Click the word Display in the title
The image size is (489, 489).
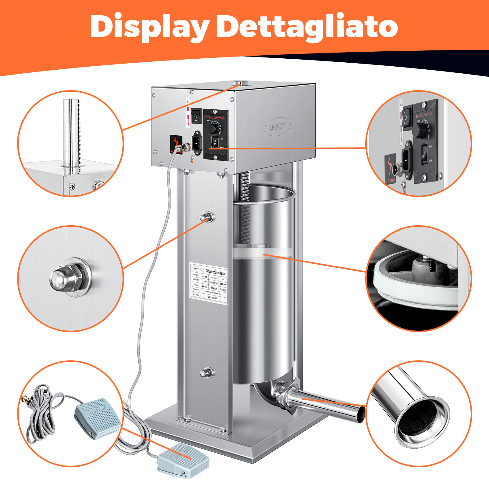[x=150, y=27]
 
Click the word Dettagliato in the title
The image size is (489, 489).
[x=307, y=27]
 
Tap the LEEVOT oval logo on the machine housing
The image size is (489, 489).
[x=277, y=126]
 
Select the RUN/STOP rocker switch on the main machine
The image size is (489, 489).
[x=215, y=142]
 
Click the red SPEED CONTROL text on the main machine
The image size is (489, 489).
[x=215, y=118]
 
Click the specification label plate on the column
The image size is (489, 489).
[x=209, y=283]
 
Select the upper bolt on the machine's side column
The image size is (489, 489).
[x=206, y=217]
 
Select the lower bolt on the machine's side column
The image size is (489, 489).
[x=206, y=373]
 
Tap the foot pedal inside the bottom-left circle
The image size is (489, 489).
[x=97, y=417]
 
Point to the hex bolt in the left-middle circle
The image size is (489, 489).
[x=70, y=278]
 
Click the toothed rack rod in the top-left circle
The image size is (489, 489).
[x=73, y=134]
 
